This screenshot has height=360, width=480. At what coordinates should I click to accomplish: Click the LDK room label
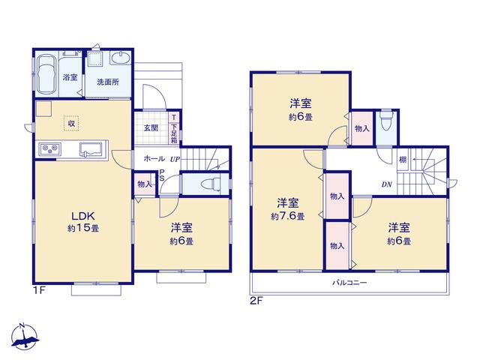click(x=83, y=216)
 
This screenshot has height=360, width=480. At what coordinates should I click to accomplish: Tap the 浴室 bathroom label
click(x=70, y=77)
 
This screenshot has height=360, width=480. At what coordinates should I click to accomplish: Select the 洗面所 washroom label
click(x=108, y=82)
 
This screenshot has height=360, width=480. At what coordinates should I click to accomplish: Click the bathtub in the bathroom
click(x=46, y=75)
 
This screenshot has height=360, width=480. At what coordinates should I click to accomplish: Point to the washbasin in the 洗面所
click(x=121, y=58)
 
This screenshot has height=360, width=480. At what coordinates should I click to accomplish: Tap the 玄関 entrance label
click(x=151, y=128)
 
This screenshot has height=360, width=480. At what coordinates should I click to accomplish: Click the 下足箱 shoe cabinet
click(x=174, y=133)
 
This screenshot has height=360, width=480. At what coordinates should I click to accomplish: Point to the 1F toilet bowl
click(x=210, y=184)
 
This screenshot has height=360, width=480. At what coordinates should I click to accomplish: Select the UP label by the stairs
click(x=175, y=159)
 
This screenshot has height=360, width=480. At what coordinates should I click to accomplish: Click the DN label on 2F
click(x=387, y=184)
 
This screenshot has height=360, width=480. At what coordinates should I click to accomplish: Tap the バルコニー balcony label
click(x=349, y=283)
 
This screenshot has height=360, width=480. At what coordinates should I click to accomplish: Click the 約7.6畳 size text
click(x=287, y=217)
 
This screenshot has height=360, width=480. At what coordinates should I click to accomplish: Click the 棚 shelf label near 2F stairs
click(x=403, y=160)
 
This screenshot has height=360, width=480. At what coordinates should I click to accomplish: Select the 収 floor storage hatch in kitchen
click(x=71, y=124)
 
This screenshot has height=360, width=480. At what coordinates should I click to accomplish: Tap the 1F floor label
click(x=39, y=290)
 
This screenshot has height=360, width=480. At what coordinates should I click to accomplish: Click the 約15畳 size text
click(x=83, y=228)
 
